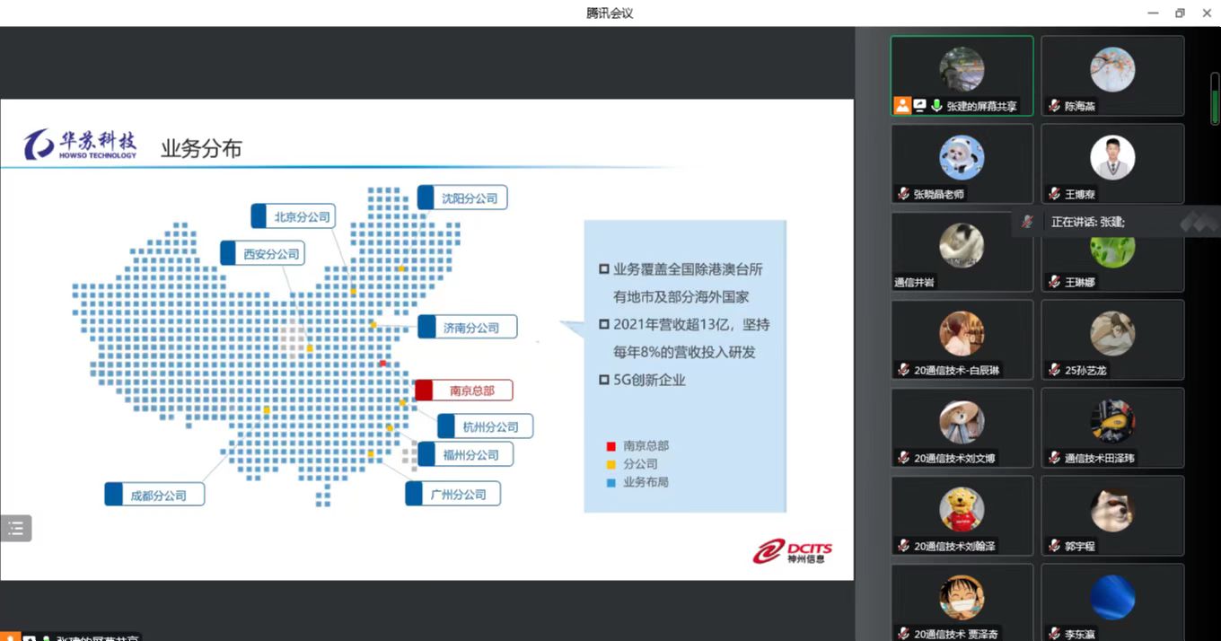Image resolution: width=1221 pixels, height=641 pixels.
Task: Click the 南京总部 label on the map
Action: coord(463,391)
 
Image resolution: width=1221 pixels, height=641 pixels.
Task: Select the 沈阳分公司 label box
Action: coord(462,198)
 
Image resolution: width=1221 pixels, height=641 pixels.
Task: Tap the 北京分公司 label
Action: coord(294,216)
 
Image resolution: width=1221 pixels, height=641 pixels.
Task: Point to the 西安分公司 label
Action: coord(263,254)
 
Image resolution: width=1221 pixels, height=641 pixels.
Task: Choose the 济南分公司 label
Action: coord(468,328)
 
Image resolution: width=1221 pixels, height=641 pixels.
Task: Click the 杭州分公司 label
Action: coord(485,426)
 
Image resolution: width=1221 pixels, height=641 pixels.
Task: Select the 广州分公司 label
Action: coord(452,494)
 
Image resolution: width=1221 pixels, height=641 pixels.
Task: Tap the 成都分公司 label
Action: coord(154,495)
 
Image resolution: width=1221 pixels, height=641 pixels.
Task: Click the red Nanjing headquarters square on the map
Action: coord(383,363)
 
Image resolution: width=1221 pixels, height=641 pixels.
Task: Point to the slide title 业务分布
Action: coord(201,148)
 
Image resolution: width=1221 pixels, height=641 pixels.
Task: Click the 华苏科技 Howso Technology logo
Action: coord(81,144)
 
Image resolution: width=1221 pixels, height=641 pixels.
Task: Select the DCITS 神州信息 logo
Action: coord(792,550)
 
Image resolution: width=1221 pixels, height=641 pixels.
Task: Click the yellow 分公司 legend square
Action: coord(610,464)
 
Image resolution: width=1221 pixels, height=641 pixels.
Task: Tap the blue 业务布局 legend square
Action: coord(610,482)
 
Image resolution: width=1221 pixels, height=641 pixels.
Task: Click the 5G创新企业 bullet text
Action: coord(648,380)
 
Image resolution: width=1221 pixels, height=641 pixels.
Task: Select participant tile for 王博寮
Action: coord(1112,163)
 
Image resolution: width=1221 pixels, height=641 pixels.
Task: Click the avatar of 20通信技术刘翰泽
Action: coord(962,509)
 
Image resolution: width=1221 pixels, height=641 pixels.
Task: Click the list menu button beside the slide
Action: coord(16,528)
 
